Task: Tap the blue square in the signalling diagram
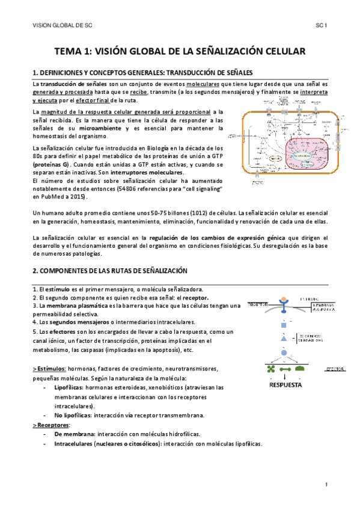click(x=283, y=325)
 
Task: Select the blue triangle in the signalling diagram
click(x=283, y=339)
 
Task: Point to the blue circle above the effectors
click(x=283, y=352)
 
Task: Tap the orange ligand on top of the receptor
click(x=283, y=299)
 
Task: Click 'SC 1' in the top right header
click(x=320, y=26)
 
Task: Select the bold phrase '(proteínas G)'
click(x=51, y=164)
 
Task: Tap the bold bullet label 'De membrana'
click(x=73, y=433)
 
